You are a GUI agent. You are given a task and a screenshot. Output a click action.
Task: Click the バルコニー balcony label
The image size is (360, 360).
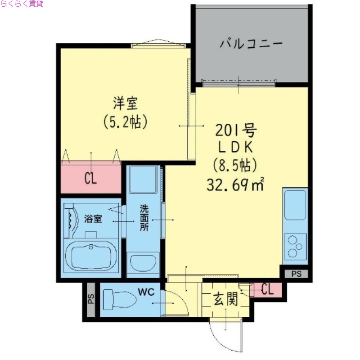251,44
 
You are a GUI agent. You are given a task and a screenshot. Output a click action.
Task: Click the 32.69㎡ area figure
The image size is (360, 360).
235,184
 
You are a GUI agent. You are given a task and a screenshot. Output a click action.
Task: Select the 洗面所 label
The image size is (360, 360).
144,218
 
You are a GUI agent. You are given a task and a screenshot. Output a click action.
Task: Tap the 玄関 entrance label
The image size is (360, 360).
225,299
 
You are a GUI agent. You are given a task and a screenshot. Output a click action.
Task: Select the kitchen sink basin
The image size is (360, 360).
295,205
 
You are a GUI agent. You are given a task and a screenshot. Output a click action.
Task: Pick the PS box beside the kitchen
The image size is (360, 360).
296,273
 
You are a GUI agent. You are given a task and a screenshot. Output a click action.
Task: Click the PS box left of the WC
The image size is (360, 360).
90,299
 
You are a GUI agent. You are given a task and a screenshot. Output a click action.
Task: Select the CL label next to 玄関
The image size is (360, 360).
267,290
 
